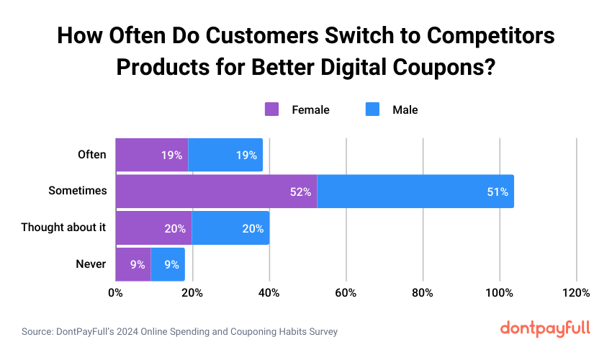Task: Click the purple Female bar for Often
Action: coord(151,155)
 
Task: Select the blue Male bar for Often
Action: coord(225,155)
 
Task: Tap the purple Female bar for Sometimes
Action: coord(216,192)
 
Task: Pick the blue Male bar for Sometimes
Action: coord(415,192)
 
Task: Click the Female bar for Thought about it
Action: coord(153,228)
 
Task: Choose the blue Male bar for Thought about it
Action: coord(230,228)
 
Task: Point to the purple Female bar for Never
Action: coord(132,264)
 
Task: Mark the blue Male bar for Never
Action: coord(168,264)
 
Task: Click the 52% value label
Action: coord(301,192)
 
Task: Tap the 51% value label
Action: coord(498,192)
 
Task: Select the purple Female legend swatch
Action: coord(271,109)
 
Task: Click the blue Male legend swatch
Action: coord(372,109)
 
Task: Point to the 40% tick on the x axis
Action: coord(269,293)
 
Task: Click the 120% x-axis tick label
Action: coord(576,293)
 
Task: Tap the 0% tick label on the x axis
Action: coord(115,293)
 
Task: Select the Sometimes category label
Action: coord(77,192)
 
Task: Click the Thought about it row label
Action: coord(63,228)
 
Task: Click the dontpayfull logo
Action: coord(544,328)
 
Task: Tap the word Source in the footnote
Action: coord(37,332)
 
